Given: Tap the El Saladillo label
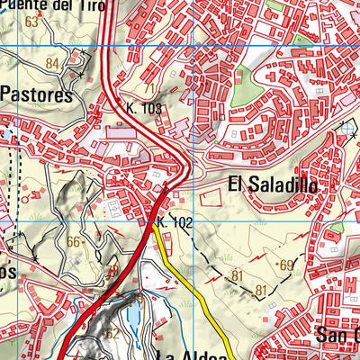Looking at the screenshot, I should (272, 184).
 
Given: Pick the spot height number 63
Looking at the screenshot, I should (33, 21).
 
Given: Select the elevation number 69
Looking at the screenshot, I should (287, 264).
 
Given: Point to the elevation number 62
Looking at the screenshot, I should (112, 332).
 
